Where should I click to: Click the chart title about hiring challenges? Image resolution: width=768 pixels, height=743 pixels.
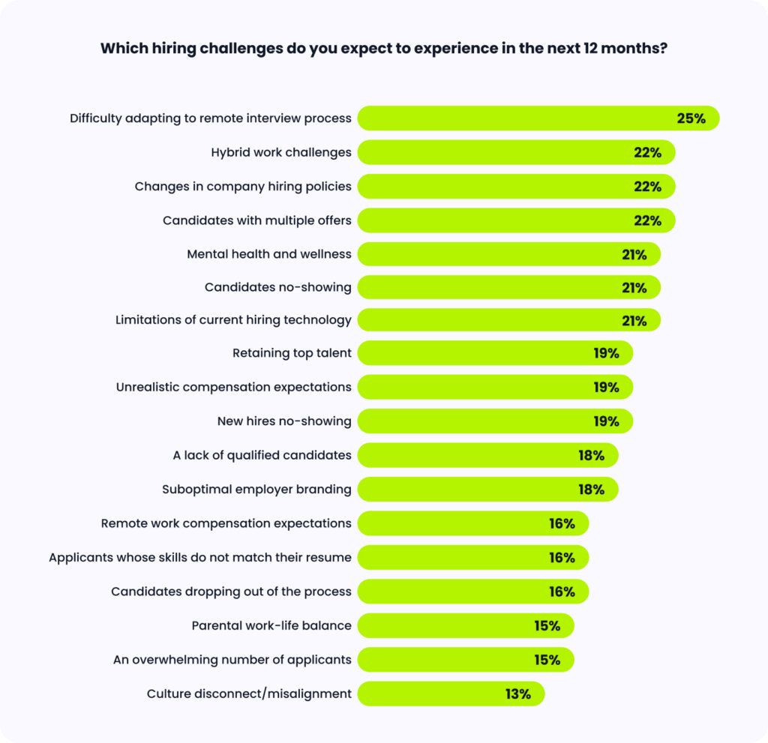pyautogui.click(x=383, y=49)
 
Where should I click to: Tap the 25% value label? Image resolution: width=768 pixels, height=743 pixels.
pyautogui.click(x=691, y=118)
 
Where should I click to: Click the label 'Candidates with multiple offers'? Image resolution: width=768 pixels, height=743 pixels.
pyautogui.click(x=256, y=220)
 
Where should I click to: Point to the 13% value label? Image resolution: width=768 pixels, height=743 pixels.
pyautogui.click(x=517, y=694)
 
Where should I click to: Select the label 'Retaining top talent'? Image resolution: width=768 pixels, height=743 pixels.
pyautogui.click(x=292, y=353)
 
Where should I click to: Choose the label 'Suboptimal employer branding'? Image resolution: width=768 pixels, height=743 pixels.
pyautogui.click(x=256, y=490)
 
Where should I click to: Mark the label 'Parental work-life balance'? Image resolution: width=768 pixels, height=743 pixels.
pyautogui.click(x=271, y=626)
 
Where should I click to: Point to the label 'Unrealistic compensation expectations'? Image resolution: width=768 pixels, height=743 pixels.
pyautogui.click(x=233, y=387)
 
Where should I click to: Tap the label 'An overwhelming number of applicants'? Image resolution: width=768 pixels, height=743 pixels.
pyautogui.click(x=232, y=660)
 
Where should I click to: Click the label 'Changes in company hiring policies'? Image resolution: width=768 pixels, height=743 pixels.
pyautogui.click(x=243, y=186)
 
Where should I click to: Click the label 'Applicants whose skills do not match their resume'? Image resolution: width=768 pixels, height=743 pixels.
pyautogui.click(x=199, y=558)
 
